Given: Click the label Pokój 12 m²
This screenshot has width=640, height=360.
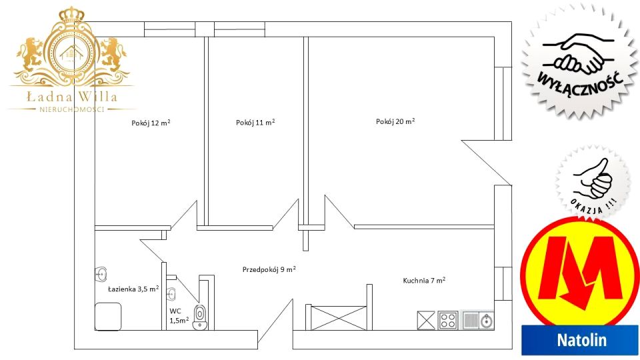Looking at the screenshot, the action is tap(151, 123).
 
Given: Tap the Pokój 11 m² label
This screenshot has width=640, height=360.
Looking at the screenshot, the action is tap(255, 123).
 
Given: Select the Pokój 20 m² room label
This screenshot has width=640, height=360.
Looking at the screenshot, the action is tap(395, 121).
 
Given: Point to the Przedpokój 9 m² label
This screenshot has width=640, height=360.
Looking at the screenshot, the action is tap(269, 269).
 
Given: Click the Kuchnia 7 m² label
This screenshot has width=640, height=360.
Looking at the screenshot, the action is tap(424, 281).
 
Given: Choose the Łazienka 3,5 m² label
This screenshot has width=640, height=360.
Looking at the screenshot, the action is tap(133, 289).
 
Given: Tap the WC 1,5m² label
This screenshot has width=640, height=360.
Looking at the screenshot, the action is tap(179, 316).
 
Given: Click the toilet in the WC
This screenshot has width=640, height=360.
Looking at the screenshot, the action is tap(199, 317).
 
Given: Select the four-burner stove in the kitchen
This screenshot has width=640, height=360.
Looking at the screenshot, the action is tap(448, 320).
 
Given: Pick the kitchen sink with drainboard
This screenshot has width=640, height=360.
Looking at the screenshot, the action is tap(478, 320).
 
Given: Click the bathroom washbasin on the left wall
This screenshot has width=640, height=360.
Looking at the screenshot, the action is tap(101, 274).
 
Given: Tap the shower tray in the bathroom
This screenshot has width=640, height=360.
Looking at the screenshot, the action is tap(108, 316).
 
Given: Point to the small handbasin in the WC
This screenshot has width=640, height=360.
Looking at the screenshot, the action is tap(171, 293).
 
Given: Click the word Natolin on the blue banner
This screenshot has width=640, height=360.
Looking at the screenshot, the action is tap(581, 340).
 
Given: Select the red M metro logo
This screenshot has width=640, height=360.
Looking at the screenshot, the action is tap(579, 269).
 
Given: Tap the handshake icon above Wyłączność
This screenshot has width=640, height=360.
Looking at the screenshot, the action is tap(579, 53).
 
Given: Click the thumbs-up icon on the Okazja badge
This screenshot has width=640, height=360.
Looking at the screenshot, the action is tap(592, 179).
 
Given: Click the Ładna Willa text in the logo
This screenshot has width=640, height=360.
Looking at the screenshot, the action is tap(72, 97).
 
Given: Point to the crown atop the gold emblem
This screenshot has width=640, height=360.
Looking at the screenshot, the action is tap(71, 15).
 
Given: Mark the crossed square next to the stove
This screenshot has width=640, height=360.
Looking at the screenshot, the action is tap(426, 320).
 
